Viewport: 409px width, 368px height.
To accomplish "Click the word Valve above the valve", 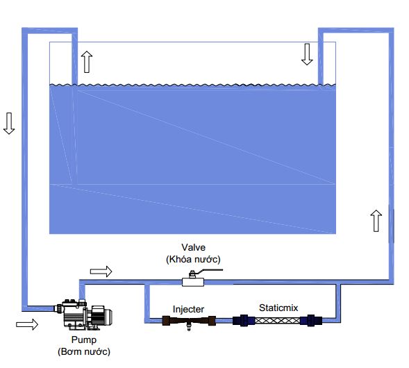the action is [x=193, y=247].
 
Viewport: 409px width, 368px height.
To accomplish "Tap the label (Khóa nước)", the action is [x=193, y=259].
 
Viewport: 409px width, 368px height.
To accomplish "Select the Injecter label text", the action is [x=188, y=309].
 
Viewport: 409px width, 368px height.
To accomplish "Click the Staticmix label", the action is [x=278, y=308].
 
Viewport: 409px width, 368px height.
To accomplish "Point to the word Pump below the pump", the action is [x=84, y=340].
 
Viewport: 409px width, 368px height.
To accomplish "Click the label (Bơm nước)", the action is [x=84, y=351].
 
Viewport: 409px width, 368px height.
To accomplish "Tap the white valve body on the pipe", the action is [x=193, y=282].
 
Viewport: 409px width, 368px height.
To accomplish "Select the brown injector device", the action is [x=189, y=321].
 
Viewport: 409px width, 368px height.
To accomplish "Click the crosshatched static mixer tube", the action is [x=277, y=320].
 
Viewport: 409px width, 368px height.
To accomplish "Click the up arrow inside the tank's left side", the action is [x=87, y=62].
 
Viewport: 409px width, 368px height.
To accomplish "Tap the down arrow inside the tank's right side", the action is [x=307, y=54].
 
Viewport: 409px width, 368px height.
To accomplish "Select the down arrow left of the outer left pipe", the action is [x=9, y=124].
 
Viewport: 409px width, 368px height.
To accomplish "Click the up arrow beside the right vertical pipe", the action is [x=376, y=221].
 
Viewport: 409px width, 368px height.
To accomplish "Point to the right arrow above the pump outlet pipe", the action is [x=101, y=271].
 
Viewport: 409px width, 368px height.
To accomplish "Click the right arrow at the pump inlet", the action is [x=27, y=324].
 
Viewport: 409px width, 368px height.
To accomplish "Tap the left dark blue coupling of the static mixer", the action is [x=244, y=321].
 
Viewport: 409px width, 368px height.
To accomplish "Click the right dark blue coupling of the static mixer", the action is [x=311, y=320].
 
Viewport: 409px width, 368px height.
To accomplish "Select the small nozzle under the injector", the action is [x=189, y=327].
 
